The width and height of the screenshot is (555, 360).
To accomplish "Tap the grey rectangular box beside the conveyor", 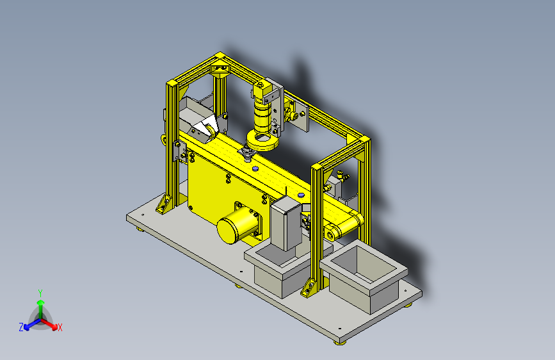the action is (286, 223).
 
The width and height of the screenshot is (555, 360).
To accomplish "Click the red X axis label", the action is (60, 327).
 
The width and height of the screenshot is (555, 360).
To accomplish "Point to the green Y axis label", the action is (40, 293).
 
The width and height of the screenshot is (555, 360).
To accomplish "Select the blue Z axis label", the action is (21, 327).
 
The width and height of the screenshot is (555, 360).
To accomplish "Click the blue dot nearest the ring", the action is (255, 168).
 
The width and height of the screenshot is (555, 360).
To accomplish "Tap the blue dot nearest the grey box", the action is (301, 195).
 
